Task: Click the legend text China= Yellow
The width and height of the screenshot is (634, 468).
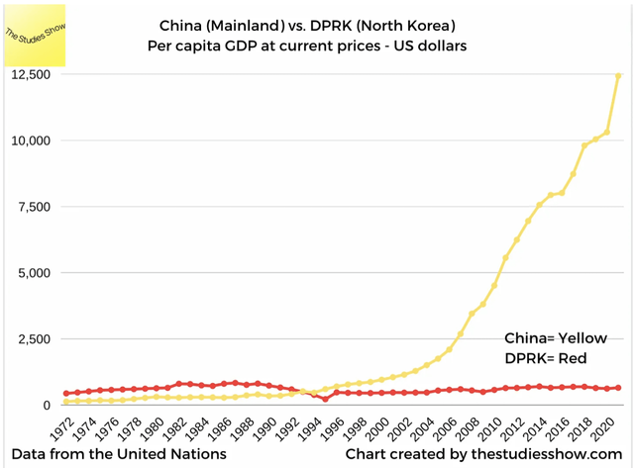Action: (556, 338)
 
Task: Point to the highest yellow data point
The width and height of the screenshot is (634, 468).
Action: (618, 75)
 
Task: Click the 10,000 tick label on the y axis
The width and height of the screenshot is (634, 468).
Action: (30, 140)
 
